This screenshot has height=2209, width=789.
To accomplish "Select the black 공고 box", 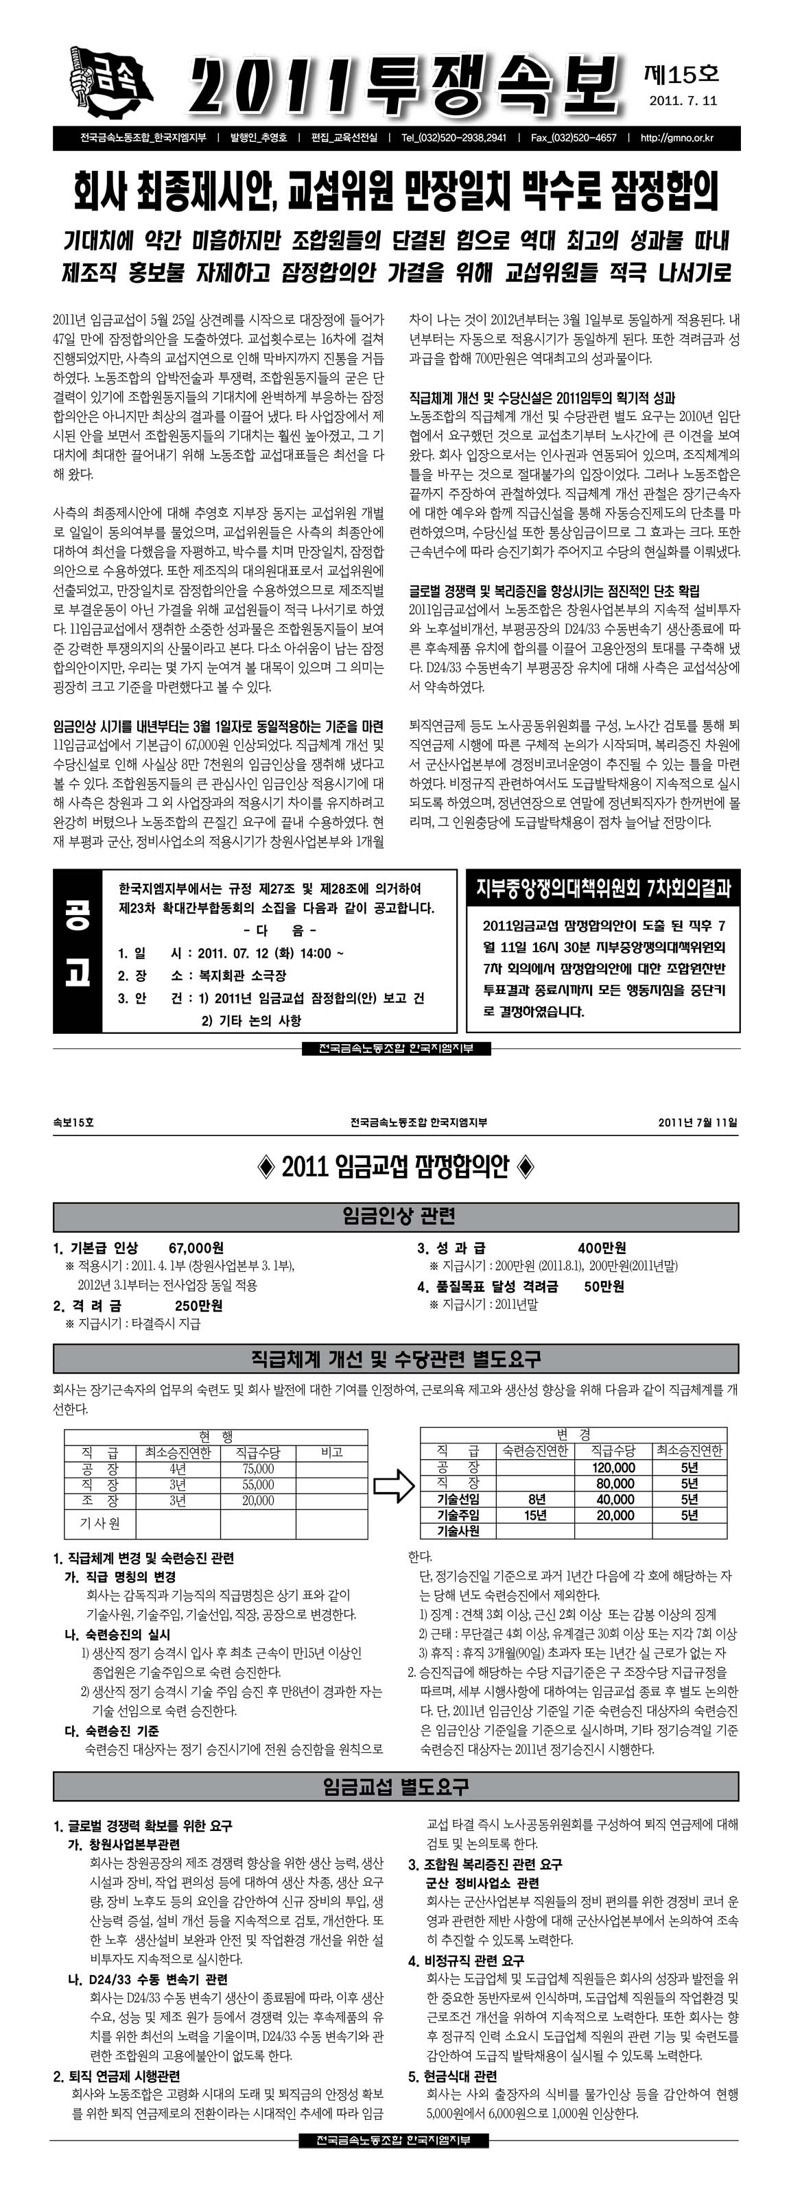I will click(77, 953).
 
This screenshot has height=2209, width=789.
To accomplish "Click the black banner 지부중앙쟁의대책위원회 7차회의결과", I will click(603, 889).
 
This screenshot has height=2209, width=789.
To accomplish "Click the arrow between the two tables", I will click(394, 1488).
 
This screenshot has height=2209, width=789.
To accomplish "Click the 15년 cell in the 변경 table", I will click(535, 1515).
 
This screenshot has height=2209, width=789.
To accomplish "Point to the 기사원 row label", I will click(100, 1523).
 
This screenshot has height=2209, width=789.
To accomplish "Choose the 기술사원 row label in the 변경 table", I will click(458, 1531).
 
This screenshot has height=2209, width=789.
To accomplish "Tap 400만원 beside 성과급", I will click(602, 1248).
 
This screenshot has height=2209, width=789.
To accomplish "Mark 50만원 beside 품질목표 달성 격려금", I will click(604, 1286).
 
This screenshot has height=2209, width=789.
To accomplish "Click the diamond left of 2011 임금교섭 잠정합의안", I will click(266, 1166).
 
